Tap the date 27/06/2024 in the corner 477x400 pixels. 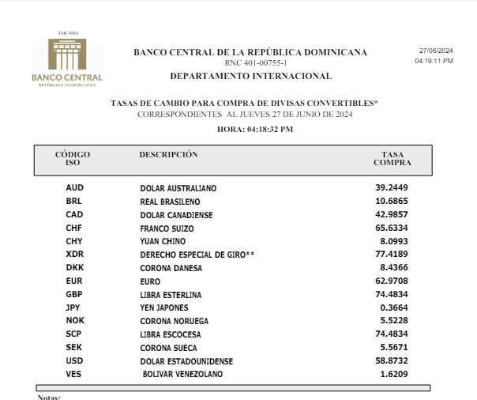pyautogui.click(x=435, y=51)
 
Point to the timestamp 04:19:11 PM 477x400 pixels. pyautogui.click(x=434, y=60)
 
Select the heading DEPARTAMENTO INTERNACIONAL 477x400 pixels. pyautogui.click(x=250, y=76)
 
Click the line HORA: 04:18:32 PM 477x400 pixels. pyautogui.click(x=255, y=129)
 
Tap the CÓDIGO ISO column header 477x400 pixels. pyautogui.click(x=72, y=158)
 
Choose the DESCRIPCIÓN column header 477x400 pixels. pyautogui.click(x=168, y=154)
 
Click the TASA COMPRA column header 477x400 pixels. pyautogui.click(x=392, y=158)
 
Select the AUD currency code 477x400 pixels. pyautogui.click(x=75, y=188)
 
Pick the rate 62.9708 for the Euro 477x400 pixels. pyautogui.click(x=392, y=281)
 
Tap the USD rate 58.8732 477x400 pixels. pyautogui.click(x=392, y=360)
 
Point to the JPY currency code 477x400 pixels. pyautogui.click(x=74, y=308)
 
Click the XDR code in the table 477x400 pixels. pyautogui.click(x=75, y=255)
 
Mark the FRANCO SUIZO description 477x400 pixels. pyautogui.click(x=167, y=228)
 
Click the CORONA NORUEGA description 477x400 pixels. pyautogui.click(x=174, y=321)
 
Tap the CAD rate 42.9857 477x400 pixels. pyautogui.click(x=392, y=214)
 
